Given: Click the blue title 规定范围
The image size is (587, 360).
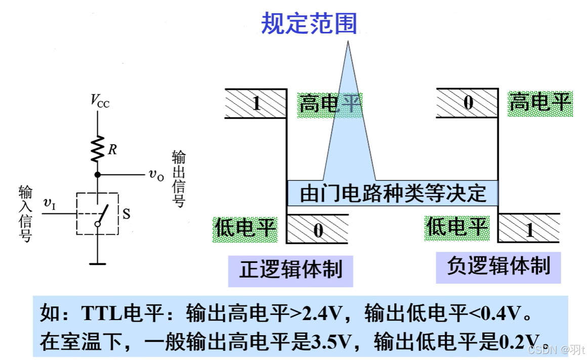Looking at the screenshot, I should [309, 23].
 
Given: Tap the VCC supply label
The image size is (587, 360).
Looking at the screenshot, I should [100, 101].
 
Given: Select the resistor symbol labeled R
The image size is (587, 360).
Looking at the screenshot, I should [98, 149].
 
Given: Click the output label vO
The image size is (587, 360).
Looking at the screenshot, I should [156, 175].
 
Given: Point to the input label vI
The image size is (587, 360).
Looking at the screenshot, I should [50, 204].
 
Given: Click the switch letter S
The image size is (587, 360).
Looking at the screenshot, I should [127, 214].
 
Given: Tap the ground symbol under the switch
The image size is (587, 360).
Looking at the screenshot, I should [97, 263].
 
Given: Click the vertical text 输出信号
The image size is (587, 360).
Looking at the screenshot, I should [179, 178].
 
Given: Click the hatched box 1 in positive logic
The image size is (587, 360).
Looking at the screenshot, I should [256, 104].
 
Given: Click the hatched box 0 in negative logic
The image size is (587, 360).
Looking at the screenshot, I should [468, 103].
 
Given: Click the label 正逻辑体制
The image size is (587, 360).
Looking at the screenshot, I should [290, 269].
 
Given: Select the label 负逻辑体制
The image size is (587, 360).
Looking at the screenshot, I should [498, 266].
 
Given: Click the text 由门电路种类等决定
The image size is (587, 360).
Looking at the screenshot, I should [393, 193].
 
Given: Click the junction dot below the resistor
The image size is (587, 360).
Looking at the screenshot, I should [97, 175].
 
